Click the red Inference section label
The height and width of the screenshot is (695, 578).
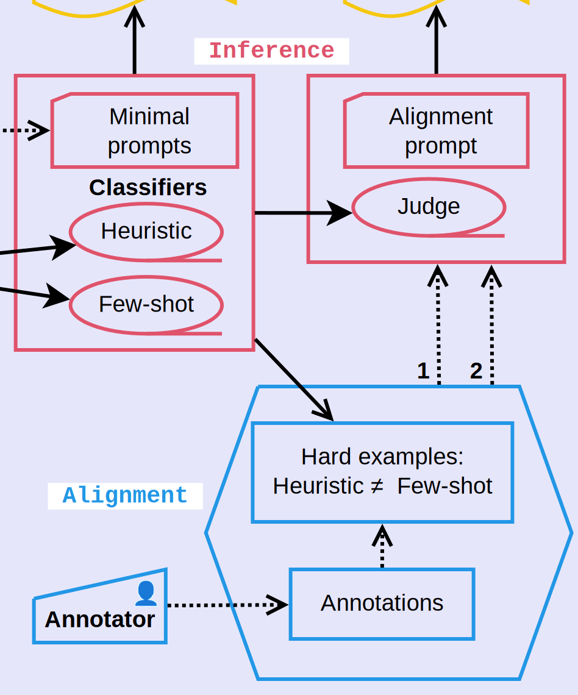click(x=271, y=51)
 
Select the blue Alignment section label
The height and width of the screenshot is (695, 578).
click(x=125, y=496)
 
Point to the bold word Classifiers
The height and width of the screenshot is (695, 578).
click(x=148, y=187)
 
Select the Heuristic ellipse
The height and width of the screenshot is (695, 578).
click(x=146, y=231)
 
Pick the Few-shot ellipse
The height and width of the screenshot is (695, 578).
click(x=146, y=304)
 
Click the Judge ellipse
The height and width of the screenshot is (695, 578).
click(x=429, y=206)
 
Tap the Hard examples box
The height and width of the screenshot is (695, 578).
click(x=382, y=472)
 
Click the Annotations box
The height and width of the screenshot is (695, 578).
click(x=382, y=603)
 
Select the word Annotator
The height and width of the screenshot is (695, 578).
click(x=100, y=619)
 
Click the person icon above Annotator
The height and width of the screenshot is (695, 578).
click(x=146, y=593)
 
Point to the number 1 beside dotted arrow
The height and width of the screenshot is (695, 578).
click(x=423, y=371)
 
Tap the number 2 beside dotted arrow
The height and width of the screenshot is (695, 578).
click(x=476, y=371)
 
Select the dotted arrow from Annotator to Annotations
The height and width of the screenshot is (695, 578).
click(x=226, y=605)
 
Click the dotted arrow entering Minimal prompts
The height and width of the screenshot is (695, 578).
click(x=24, y=130)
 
